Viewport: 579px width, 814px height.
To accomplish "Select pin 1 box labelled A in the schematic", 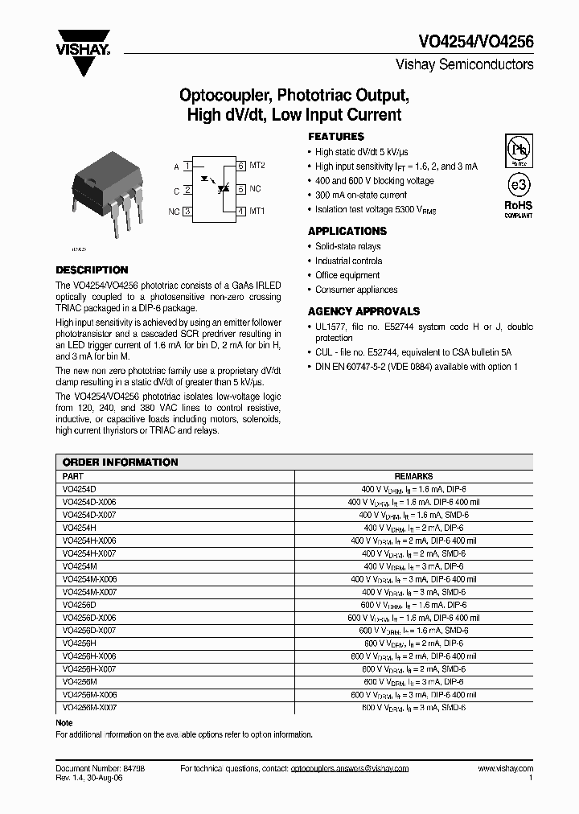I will (187, 166).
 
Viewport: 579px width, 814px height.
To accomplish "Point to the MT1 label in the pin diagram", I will (257, 212).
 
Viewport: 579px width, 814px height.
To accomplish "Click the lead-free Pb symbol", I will (518, 150).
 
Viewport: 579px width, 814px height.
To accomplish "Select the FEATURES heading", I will (336, 137).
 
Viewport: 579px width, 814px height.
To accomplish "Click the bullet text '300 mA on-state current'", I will (361, 195).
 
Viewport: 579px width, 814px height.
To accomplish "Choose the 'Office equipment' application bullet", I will (347, 275).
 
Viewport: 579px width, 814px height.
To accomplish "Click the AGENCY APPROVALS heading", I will (363, 311).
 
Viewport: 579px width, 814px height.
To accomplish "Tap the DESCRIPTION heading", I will (92, 270).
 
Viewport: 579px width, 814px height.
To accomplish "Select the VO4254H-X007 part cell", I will (89, 553).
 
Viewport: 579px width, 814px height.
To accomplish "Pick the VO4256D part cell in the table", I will (79, 605).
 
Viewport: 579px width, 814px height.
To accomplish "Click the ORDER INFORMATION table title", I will (120, 462).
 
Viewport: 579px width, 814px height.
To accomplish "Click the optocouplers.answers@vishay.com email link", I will (349, 768).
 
